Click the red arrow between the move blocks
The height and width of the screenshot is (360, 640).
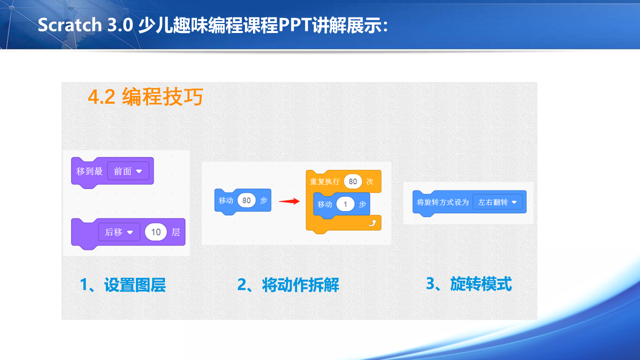click(288, 201)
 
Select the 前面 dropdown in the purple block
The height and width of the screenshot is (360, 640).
click(128, 171)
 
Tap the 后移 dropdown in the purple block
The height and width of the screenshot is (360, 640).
click(119, 232)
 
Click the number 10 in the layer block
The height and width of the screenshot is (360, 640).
click(156, 232)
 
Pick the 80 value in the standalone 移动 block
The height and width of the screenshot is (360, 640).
click(246, 200)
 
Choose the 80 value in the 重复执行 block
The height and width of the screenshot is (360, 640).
click(353, 181)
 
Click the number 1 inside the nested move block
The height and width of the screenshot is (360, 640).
click(345, 204)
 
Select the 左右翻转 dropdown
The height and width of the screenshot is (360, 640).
click(497, 202)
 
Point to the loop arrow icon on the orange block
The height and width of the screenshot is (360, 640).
click(371, 222)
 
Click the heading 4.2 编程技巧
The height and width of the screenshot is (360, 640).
click(145, 97)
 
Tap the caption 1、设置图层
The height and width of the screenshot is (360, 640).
click(122, 285)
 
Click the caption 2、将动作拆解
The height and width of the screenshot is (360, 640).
click(288, 285)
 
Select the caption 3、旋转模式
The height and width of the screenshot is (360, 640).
click(468, 284)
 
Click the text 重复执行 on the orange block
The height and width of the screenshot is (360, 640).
click(325, 181)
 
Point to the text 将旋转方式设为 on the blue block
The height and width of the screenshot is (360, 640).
click(443, 202)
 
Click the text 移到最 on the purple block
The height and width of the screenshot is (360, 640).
click(89, 171)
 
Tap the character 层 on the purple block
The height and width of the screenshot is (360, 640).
click(175, 232)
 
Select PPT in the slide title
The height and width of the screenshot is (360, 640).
click(294, 25)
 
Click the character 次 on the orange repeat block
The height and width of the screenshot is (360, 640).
click(370, 181)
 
